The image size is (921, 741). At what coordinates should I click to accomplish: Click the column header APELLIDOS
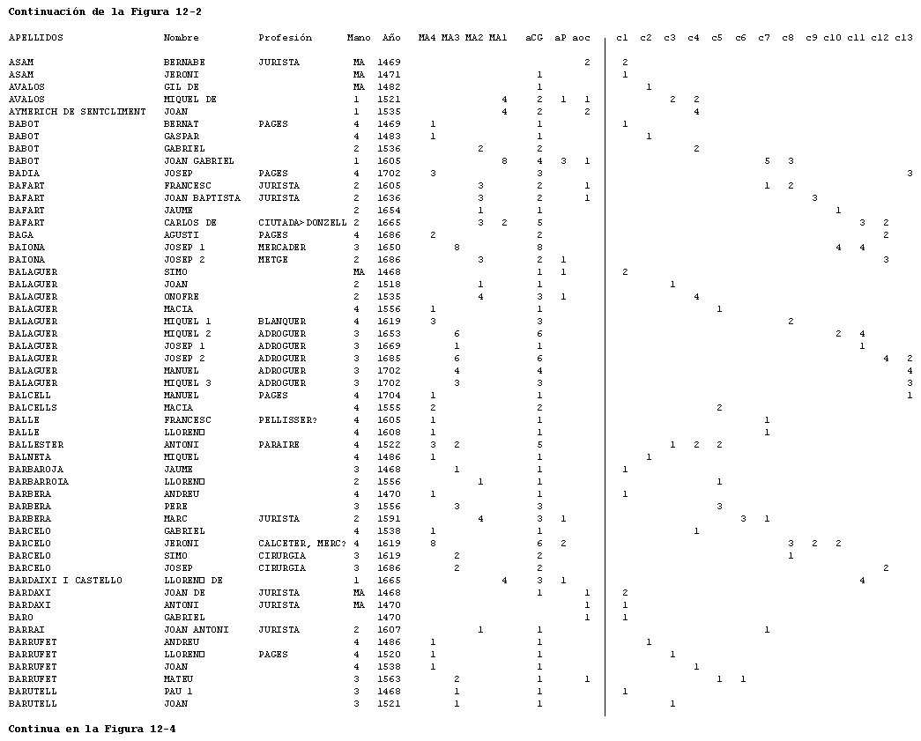[36, 38]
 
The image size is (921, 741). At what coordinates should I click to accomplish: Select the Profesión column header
[285, 38]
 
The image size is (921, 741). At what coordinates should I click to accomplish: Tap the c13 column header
[903, 38]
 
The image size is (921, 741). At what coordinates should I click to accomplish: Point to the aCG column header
[534, 38]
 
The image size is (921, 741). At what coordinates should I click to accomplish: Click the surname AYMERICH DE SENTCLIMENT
[77, 112]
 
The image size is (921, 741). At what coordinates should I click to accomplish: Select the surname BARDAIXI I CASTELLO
[65, 580]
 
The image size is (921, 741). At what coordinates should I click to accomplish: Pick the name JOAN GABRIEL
[198, 161]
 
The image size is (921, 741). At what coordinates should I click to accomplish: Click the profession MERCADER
[282, 248]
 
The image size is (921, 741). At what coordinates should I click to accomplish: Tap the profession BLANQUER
[282, 322]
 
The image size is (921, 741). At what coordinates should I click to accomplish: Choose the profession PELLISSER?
[288, 419]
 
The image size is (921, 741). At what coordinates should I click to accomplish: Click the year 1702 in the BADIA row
[389, 174]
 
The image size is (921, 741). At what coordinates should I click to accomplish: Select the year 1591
[389, 518]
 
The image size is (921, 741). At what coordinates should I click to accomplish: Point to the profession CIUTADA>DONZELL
[302, 223]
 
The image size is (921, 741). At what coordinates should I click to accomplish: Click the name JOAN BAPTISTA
[202, 198]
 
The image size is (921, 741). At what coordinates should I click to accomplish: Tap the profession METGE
[273, 260]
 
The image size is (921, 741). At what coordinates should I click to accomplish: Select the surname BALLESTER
[36, 444]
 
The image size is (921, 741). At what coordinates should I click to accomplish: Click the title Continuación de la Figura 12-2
[105, 11]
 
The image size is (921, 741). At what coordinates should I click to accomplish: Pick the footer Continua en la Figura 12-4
[92, 729]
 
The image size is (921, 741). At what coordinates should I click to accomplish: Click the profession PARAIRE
[279, 444]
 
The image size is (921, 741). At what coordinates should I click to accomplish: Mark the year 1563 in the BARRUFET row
[389, 678]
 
